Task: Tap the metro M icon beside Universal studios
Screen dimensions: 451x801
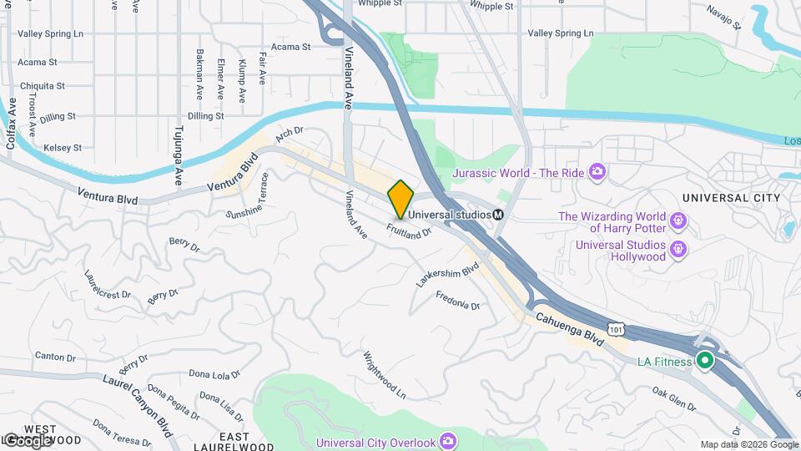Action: [x=498, y=214]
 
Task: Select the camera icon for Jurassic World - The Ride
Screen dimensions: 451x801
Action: [x=596, y=173]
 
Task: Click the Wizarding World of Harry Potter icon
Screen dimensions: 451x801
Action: [x=678, y=221]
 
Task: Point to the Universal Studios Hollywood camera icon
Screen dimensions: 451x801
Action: [x=678, y=249]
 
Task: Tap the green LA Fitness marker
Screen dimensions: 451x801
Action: [x=704, y=361]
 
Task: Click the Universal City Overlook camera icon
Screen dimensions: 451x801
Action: [x=448, y=440]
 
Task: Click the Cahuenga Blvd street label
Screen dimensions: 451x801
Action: [x=569, y=327]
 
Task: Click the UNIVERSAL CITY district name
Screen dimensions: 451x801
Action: [x=730, y=197]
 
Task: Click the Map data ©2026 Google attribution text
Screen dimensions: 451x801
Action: [x=748, y=444]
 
